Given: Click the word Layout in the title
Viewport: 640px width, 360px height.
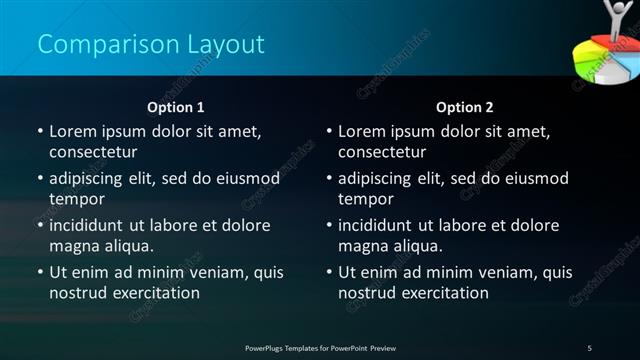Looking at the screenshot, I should [225, 44].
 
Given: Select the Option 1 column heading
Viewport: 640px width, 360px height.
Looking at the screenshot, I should [176, 107].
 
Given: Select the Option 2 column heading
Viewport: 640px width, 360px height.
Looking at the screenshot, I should [465, 107].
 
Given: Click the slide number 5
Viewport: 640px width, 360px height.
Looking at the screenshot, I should [589, 347].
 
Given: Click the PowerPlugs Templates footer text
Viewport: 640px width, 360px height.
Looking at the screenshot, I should [320, 347].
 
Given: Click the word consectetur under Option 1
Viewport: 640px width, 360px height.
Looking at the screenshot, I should [92, 152].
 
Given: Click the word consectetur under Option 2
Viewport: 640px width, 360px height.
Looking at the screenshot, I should [381, 152].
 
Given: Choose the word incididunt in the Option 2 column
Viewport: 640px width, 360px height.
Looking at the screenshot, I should [380, 226].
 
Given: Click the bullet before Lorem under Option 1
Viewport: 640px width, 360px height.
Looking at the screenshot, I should [40, 132].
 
